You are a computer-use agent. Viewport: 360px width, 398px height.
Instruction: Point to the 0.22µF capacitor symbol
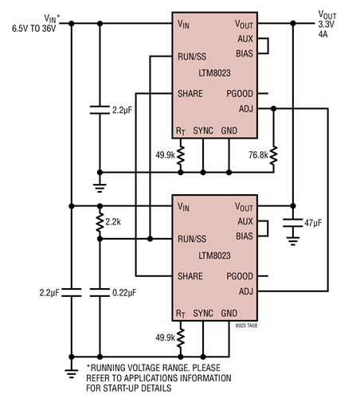100,293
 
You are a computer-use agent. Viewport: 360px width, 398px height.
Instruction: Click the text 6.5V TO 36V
33,28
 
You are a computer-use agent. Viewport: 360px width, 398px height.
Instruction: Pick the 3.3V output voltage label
327,25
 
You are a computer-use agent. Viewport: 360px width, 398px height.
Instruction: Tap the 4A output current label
323,34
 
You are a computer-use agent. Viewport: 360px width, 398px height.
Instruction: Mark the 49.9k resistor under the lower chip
182,339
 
